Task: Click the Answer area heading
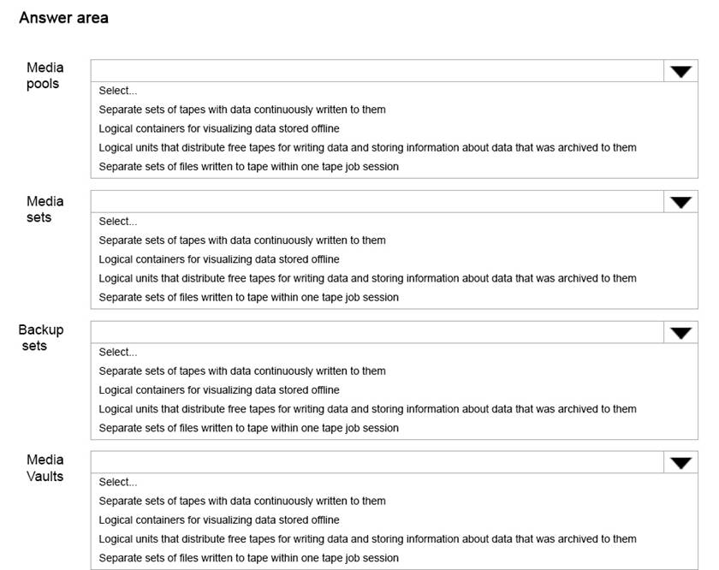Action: click(63, 18)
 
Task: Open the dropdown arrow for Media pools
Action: click(680, 72)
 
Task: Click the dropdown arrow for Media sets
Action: click(680, 202)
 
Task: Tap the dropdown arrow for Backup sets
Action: click(680, 333)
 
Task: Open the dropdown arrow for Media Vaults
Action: click(680, 463)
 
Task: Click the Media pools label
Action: click(45, 75)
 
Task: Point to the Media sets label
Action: click(45, 209)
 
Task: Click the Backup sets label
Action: click(41, 337)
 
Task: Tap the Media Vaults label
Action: click(45, 467)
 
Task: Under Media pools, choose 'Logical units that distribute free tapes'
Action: click(367, 147)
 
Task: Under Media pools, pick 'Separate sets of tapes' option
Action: click(242, 110)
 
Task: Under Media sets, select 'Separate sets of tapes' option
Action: click(242, 240)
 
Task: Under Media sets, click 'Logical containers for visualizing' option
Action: click(219, 259)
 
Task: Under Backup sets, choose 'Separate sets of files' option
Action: click(248, 428)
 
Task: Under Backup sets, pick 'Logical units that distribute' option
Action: click(367, 409)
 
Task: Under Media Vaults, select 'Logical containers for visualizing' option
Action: click(219, 520)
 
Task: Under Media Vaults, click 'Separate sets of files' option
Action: click(248, 558)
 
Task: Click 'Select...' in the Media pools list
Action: click(117, 91)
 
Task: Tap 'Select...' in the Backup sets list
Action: click(117, 352)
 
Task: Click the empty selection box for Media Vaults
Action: click(377, 463)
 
